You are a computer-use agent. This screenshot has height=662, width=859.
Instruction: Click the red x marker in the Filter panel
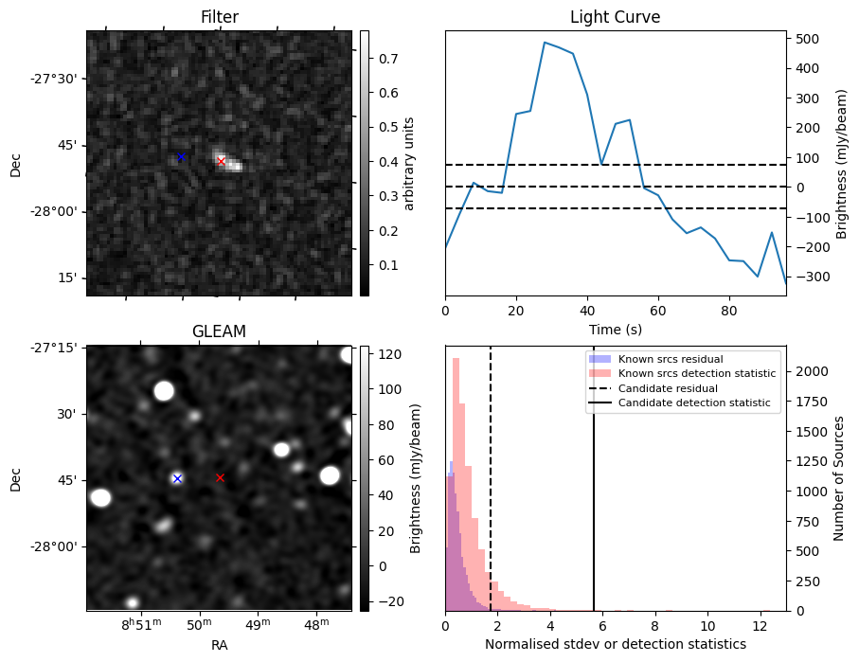point(222,161)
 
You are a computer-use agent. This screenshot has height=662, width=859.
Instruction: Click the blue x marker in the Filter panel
point(181,156)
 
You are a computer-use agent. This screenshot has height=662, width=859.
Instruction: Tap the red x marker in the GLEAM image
point(220,477)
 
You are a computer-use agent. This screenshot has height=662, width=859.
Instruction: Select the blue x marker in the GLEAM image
point(177,478)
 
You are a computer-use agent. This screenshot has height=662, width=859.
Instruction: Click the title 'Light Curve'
point(615,18)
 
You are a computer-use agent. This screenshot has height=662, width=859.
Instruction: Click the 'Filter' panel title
point(219,18)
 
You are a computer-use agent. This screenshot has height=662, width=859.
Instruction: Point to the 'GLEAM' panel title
point(219,331)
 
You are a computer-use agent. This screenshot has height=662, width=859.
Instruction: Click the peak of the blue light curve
point(545,43)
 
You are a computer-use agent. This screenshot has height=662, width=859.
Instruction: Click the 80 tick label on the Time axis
point(728,309)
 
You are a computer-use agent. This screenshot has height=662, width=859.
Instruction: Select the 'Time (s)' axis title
point(615,328)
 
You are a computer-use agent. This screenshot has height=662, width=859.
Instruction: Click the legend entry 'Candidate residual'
point(662,388)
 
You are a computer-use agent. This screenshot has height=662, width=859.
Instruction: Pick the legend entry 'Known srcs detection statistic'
point(696,373)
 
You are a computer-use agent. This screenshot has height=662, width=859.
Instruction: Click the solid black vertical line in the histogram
point(594,492)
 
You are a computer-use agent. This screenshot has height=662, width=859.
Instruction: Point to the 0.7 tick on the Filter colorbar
point(385,59)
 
